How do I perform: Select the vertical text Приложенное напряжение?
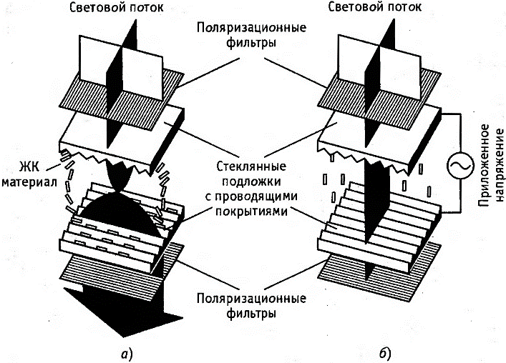[x=491, y=164]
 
